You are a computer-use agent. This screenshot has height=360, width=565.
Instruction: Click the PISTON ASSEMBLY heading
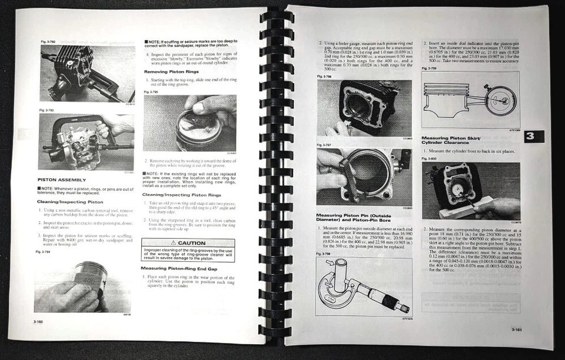point(62,179)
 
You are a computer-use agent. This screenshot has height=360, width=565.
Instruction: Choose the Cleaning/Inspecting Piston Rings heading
point(180,194)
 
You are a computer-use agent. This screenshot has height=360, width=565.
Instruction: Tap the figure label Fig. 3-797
point(324,145)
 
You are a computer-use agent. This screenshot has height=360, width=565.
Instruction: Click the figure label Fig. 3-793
point(46,110)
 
